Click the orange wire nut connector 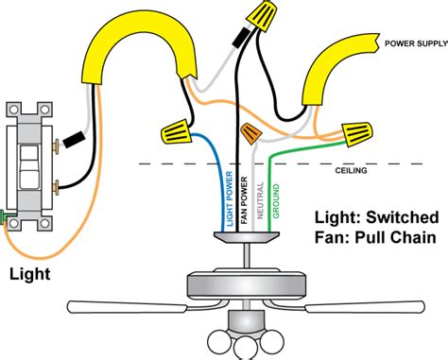[x=251, y=133]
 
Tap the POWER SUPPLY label [x=416, y=43]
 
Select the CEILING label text [x=351, y=171]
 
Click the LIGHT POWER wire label [x=230, y=198]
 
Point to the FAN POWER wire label [x=244, y=200]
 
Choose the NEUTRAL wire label [x=260, y=200]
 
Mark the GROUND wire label [x=276, y=201]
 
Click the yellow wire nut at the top [x=263, y=15]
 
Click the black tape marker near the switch [x=74, y=140]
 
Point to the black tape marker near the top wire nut [x=241, y=37]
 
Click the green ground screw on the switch [x=3, y=217]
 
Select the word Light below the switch [x=30, y=274]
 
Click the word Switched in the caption [x=403, y=217]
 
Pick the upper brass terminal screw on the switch [x=57, y=146]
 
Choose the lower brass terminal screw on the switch [x=57, y=188]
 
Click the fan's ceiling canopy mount [x=247, y=237]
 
